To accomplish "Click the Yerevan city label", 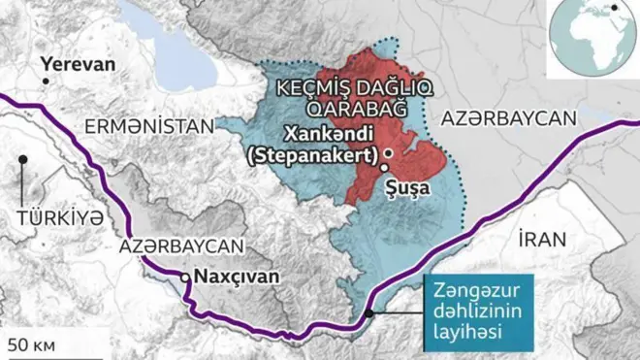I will [x=78, y=65].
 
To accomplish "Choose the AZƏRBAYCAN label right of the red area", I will [x=508, y=118].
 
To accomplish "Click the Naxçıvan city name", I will [x=237, y=277].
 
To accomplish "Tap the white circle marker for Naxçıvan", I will [x=185, y=278].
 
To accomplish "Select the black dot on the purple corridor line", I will [x=368, y=312].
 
